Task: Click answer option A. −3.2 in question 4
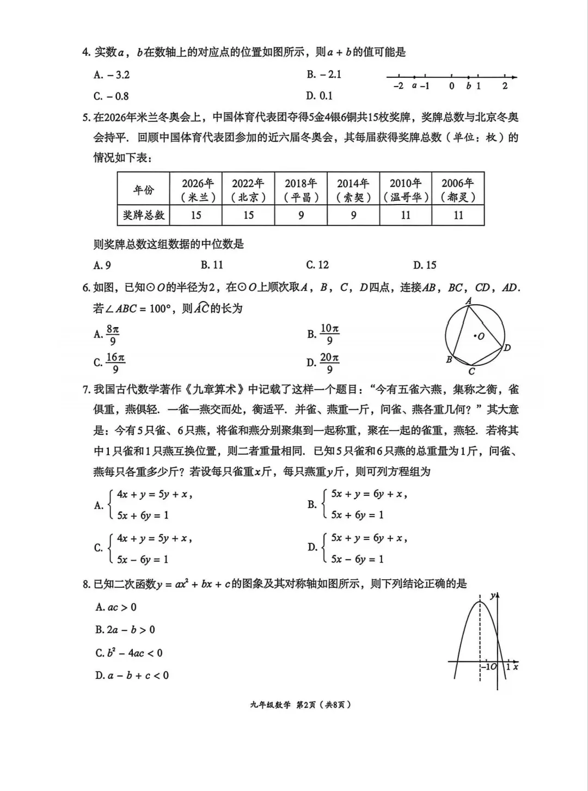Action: click(112, 75)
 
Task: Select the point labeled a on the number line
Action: click(414, 77)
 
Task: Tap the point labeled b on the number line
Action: click(469, 77)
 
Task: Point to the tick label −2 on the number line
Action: click(398, 86)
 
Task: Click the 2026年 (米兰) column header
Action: click(196, 190)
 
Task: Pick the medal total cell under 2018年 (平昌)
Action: click(301, 215)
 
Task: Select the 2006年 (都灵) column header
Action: click(458, 190)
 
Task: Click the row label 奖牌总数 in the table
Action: click(144, 215)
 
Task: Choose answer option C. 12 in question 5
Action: click(317, 265)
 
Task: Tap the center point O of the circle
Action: click(474, 335)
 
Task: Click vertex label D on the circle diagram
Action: click(507, 347)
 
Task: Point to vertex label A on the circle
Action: click(468, 301)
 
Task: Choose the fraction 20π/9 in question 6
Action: click(329, 363)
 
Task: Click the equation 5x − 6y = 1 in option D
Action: click(357, 559)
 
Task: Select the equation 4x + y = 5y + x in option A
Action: click(154, 494)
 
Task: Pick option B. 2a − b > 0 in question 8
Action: click(125, 630)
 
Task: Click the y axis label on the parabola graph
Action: click(492, 596)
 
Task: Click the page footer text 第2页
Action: click(306, 704)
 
